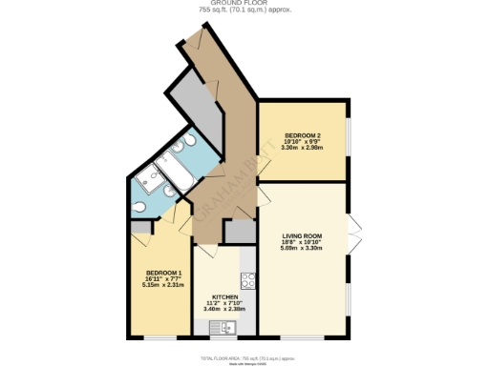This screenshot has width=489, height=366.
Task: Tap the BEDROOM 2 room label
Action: click(301, 135)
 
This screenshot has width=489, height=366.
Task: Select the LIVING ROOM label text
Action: click(301, 235)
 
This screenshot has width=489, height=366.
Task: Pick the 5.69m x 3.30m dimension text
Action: click(301, 248)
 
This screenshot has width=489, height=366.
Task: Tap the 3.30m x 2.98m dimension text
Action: click(301, 148)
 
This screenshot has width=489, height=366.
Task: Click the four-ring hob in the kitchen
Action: click(246, 280)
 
